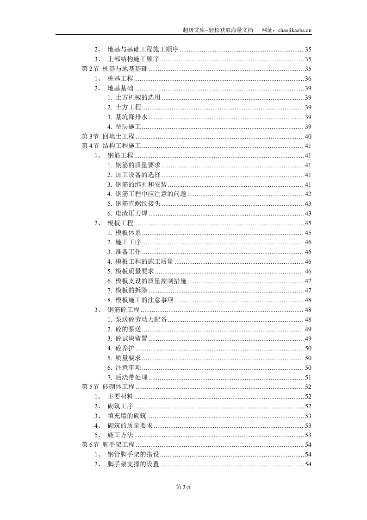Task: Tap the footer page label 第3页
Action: pos(183,487)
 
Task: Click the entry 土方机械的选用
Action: pos(137,98)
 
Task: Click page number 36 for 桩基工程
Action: pos(308,79)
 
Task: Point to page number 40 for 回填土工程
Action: pos(308,136)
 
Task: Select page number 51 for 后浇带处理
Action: pos(308,377)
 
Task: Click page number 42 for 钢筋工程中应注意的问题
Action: pos(308,194)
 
